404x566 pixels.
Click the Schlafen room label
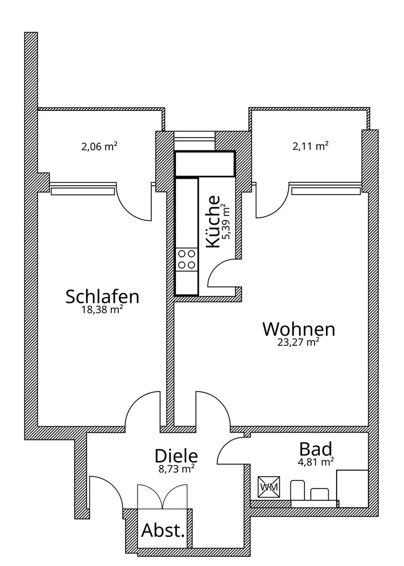coord(102,297)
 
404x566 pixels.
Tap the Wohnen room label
coord(299,329)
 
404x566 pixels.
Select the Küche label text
coord(213,221)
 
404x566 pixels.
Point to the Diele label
coord(176,456)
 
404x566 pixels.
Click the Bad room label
coord(316,449)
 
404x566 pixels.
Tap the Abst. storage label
coord(163,530)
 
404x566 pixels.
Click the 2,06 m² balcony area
coord(99,146)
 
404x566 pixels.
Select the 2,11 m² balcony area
coord(311,146)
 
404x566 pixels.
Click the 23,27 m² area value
coord(298,342)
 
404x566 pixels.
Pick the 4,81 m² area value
coord(315,462)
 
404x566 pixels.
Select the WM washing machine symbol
coord(269,487)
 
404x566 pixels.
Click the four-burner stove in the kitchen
coord(187,260)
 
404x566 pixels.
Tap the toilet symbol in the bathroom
coord(298,490)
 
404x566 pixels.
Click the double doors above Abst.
coord(162,497)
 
